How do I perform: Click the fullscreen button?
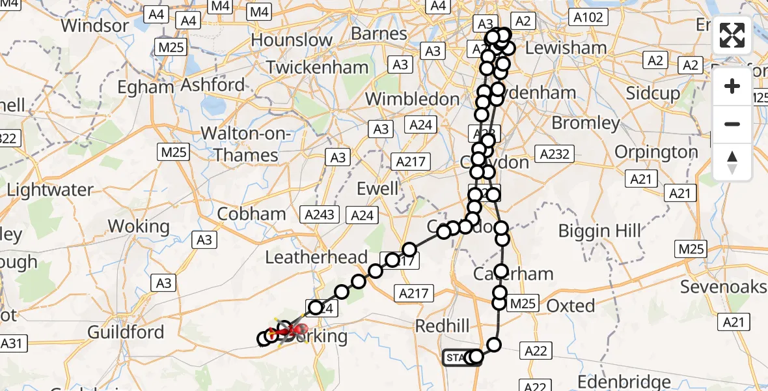[732, 35]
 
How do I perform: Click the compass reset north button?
[732, 162]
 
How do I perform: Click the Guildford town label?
[126, 332]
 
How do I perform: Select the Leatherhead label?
[316, 257]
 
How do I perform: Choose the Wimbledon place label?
[412, 99]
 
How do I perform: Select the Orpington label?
[657, 152]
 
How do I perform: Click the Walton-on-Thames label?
[240, 144]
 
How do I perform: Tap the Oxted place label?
[571, 306]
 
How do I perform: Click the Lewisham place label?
[565, 48]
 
